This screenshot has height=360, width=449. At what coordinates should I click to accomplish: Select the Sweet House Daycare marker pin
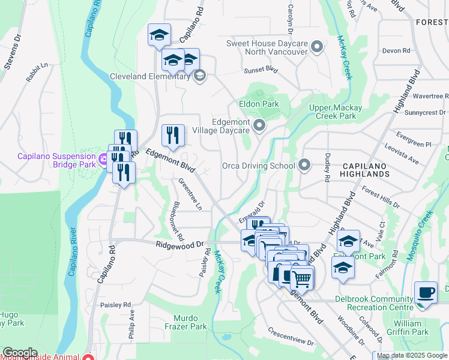(x=318, y=47)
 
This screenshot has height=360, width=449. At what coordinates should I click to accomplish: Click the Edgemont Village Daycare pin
(x=259, y=125)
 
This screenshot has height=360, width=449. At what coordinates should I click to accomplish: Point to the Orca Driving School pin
(x=304, y=165)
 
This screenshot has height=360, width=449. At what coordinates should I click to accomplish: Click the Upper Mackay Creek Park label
(x=336, y=112)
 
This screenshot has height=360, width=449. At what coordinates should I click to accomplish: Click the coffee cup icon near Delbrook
(x=426, y=292)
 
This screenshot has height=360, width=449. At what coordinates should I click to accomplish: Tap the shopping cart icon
(x=301, y=277)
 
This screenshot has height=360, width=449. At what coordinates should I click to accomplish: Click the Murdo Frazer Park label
(x=190, y=322)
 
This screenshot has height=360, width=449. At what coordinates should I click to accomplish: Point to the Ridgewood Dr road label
(x=180, y=245)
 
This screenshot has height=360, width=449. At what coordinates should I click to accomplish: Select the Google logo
(x=20, y=353)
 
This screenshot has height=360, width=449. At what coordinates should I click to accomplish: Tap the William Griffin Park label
(x=412, y=328)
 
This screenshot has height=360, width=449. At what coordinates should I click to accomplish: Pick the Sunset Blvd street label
(x=261, y=70)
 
